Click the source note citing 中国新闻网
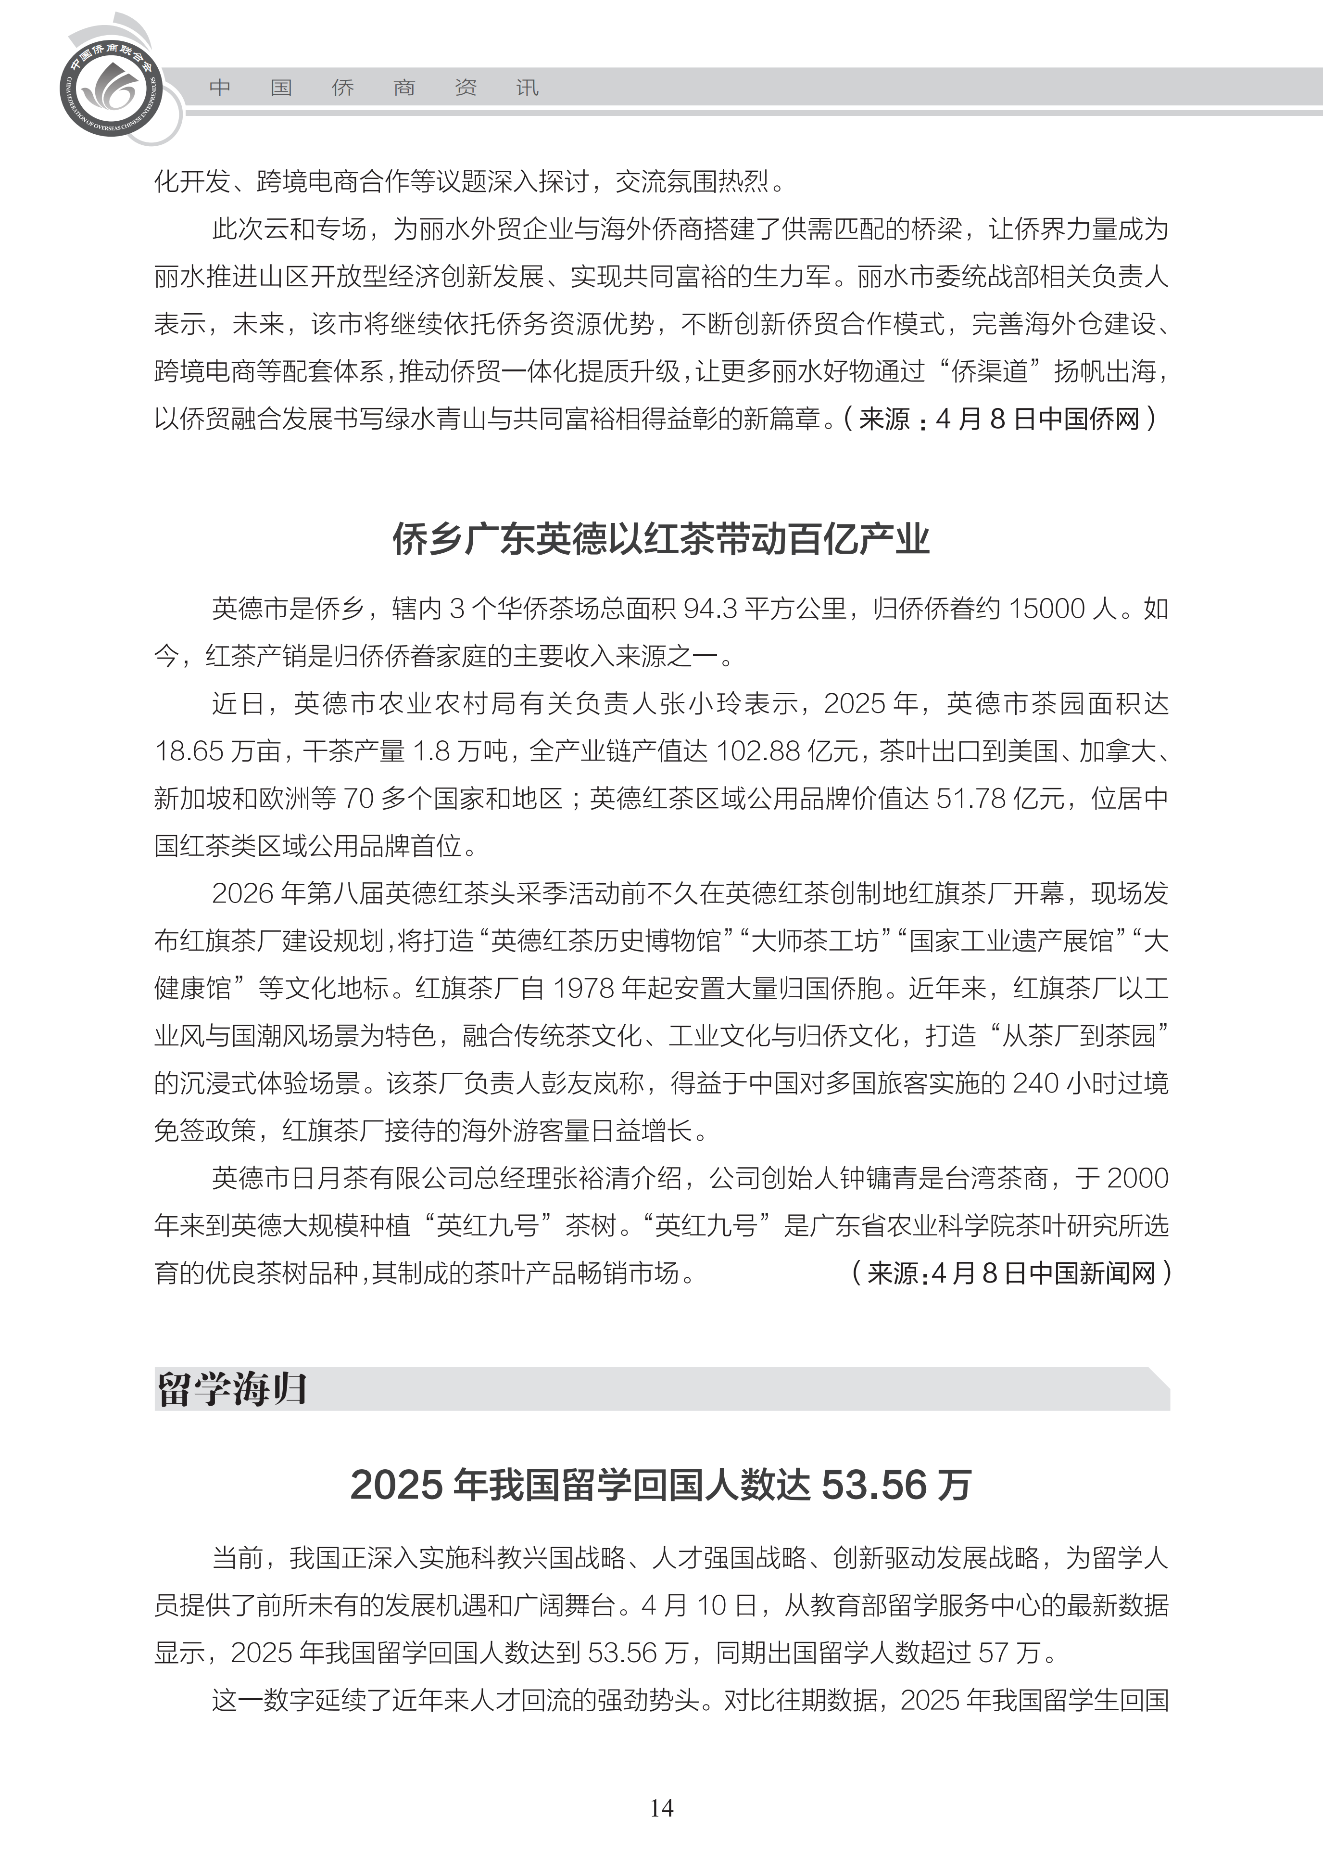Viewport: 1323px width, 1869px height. (1011, 1272)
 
